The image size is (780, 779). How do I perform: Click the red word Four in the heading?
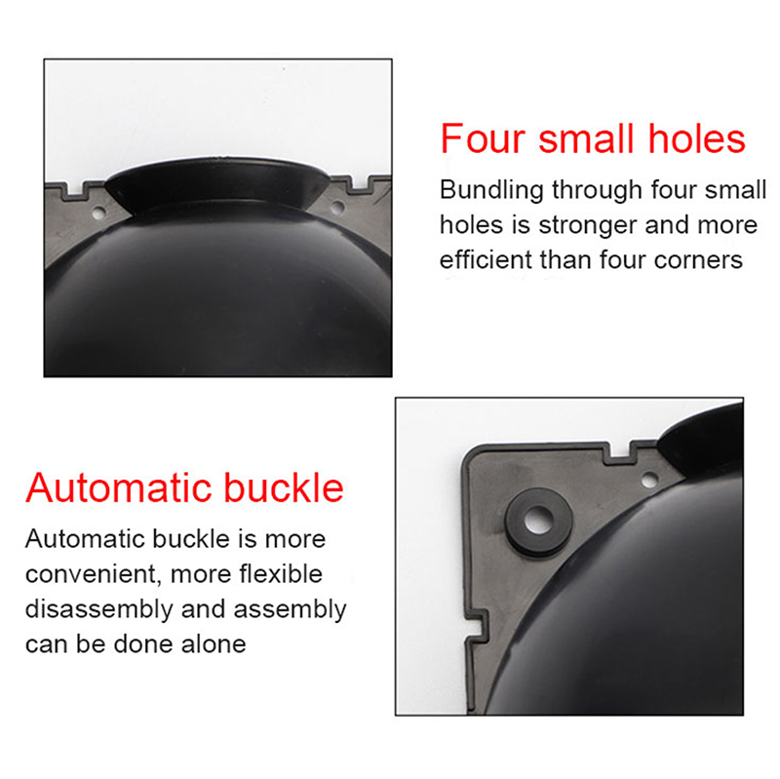[483, 138]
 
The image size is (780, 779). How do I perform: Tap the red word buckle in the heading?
[284, 487]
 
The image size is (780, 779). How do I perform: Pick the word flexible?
[281, 573]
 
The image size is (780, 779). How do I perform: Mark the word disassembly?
[98, 610]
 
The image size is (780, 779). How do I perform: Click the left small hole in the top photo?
[98, 214]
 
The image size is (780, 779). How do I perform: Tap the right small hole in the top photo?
[336, 206]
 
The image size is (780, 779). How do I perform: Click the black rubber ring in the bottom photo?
[538, 522]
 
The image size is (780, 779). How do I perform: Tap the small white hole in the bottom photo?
[649, 481]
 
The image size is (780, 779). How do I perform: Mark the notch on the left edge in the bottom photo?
[475, 626]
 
